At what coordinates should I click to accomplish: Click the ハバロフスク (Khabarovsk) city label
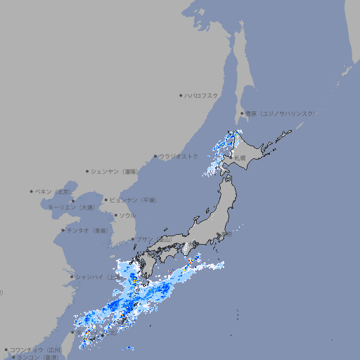[202, 95]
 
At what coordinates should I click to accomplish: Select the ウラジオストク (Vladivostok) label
[179, 156]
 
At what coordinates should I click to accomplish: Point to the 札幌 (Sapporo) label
[240, 157]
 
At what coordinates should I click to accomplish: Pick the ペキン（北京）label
[53, 191]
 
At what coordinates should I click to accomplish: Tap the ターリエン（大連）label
[71, 207]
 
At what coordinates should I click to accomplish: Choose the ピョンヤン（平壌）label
[133, 200]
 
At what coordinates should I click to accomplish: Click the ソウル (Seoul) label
[127, 215]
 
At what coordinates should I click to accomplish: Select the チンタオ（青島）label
[88, 230]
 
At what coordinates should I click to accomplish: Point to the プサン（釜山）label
[153, 240]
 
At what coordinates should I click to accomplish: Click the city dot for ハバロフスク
[181, 95]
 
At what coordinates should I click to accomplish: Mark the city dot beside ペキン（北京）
[32, 191]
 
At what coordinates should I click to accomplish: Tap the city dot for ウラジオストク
[155, 156]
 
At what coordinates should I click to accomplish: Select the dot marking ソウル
[115, 215]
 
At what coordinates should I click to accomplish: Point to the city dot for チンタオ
[63, 230]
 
